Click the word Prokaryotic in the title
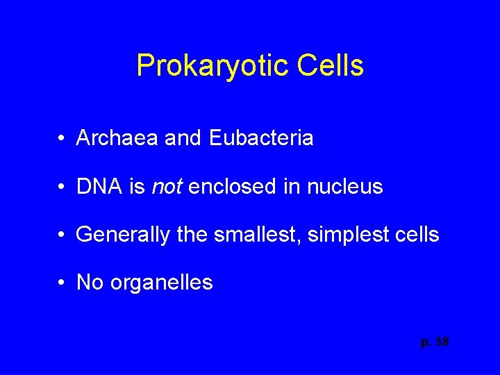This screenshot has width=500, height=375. pyautogui.click(x=212, y=66)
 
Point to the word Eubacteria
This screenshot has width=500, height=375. pyautogui.click(x=260, y=138)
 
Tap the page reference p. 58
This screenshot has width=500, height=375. pyautogui.click(x=435, y=342)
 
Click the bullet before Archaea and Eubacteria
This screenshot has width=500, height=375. pyautogui.click(x=62, y=139)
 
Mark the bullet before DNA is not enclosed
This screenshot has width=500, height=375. pyautogui.click(x=62, y=187)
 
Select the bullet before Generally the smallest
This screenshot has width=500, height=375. pyautogui.click(x=62, y=235)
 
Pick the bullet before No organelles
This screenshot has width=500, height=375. pyautogui.click(x=62, y=283)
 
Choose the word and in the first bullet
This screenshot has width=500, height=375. pyautogui.click(x=183, y=138)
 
